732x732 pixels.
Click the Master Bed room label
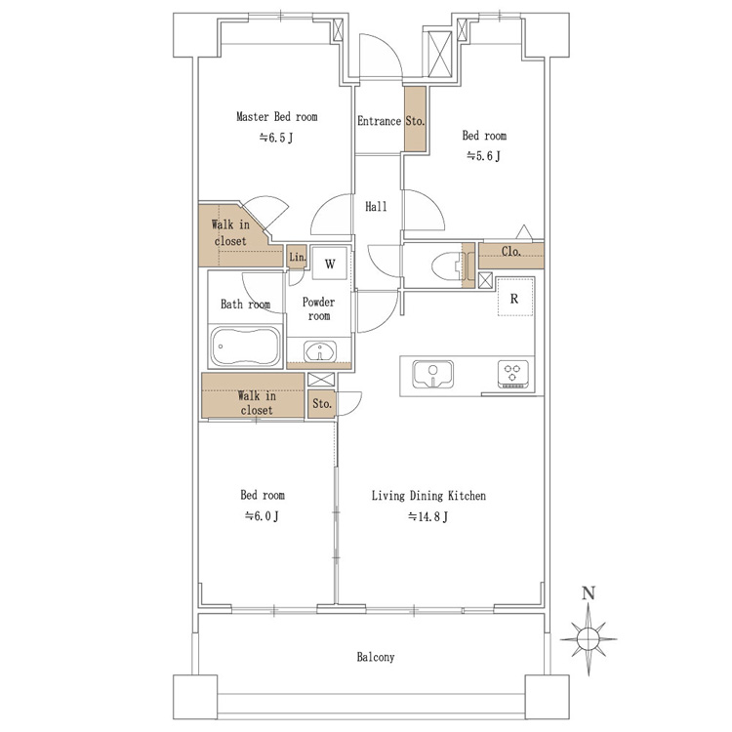point(277,116)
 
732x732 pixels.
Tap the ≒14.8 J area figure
point(427,516)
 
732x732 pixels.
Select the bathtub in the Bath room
point(246,346)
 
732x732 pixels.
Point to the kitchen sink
point(432,375)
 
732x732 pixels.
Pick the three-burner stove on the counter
point(513,374)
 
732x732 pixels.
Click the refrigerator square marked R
point(515,297)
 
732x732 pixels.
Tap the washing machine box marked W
point(330,263)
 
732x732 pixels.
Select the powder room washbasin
point(320,351)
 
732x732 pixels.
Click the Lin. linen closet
point(297,257)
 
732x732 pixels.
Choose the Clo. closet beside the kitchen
point(511,256)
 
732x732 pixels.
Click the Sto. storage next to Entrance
point(415,119)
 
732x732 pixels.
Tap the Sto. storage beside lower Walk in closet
point(322,404)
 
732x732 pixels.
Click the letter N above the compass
point(589,593)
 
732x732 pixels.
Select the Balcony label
point(376,657)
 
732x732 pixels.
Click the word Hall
point(376,206)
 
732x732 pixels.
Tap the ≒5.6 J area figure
point(484,155)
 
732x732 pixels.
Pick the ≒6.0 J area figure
point(262,516)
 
